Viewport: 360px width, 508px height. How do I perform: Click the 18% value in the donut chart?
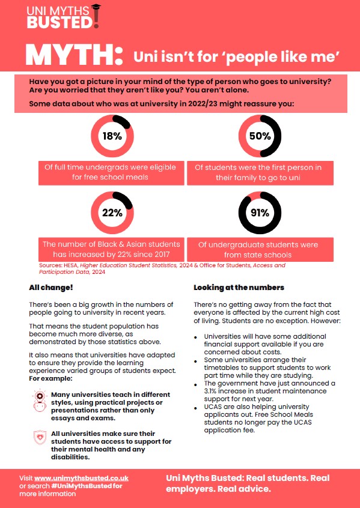[x=112, y=136]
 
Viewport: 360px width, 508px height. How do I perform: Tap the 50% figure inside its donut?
[x=260, y=136]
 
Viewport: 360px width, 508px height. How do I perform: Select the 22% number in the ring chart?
[x=112, y=213]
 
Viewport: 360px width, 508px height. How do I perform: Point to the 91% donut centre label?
[x=260, y=213]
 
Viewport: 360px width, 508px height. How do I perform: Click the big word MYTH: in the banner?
[x=75, y=56]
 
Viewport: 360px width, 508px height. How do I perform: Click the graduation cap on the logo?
[x=96, y=7]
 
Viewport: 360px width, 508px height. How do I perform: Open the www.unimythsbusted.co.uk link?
[x=81, y=478]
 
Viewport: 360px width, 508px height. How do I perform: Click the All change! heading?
[x=51, y=288]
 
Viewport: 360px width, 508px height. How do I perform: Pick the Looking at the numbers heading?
[x=239, y=288]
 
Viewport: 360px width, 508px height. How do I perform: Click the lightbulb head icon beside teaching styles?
[x=40, y=400]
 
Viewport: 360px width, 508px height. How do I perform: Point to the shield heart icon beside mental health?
[x=40, y=437]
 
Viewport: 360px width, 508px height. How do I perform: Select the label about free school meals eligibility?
[x=110, y=172]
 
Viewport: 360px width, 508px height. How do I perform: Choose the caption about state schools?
[x=258, y=250]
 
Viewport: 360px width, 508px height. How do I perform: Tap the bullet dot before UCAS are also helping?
[x=195, y=408]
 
